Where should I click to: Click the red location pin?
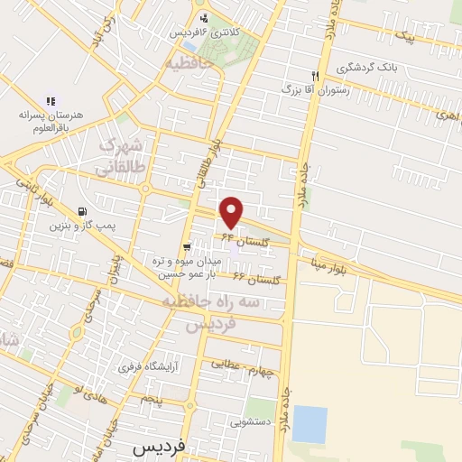pos(232,212)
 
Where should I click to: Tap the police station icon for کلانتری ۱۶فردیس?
pos(204,18)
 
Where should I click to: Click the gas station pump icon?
pos(83,210)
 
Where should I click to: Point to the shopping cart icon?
pos(186,247)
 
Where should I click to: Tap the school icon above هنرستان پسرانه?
pos(51,102)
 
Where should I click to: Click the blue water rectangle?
pos(310,423)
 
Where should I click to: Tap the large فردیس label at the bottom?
pos(159,448)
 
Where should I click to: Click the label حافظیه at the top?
pos(189,64)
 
